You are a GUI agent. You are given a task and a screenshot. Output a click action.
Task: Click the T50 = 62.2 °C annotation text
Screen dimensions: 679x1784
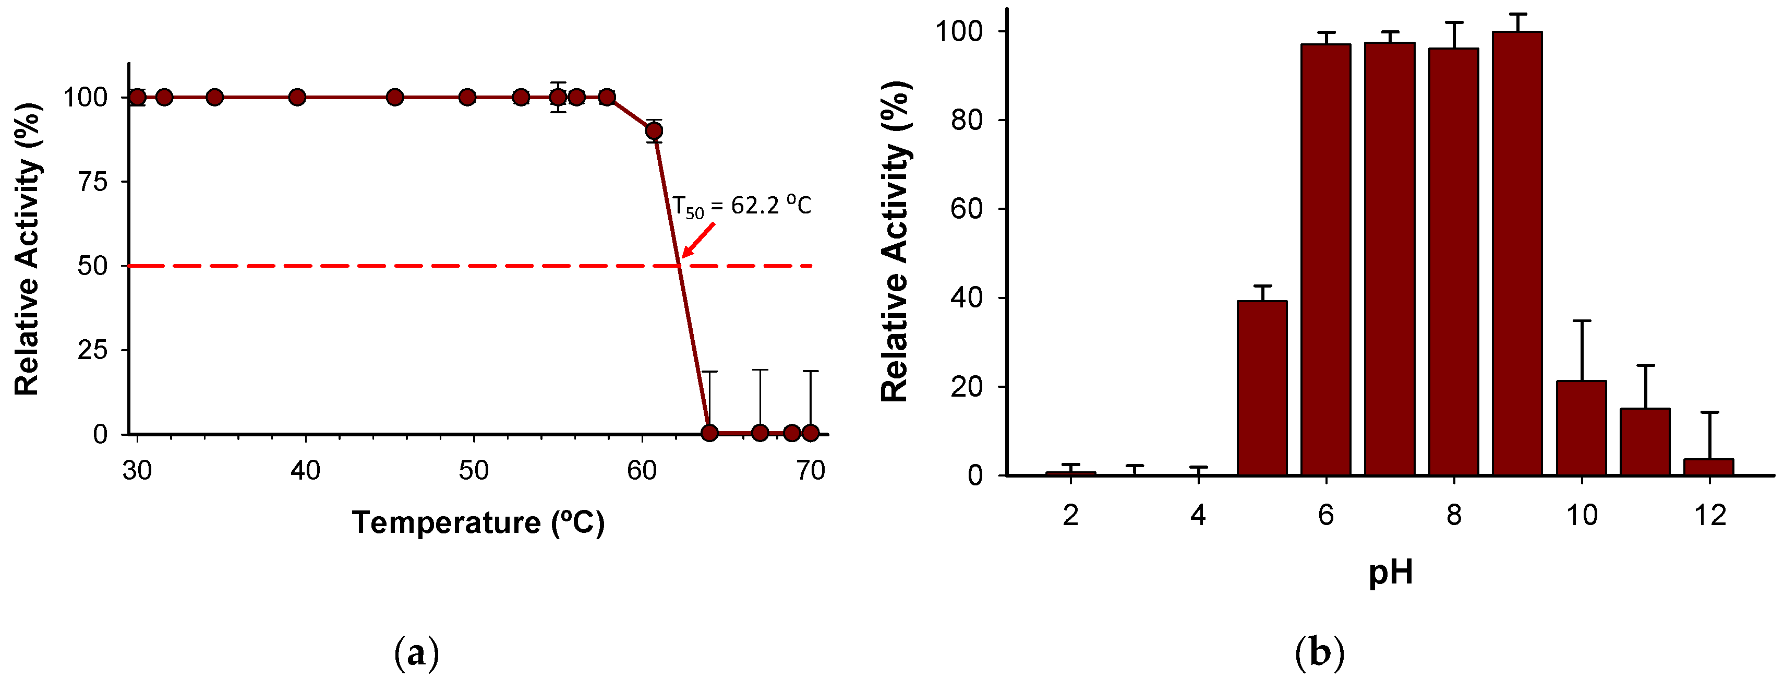pos(742,206)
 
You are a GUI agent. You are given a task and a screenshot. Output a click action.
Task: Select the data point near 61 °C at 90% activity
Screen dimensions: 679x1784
pos(653,131)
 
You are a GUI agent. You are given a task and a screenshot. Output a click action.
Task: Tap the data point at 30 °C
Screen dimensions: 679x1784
pos(137,97)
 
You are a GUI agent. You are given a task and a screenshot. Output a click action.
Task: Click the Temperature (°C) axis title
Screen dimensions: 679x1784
pos(478,522)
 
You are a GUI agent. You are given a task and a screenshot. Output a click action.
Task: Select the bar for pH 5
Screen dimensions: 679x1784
pos(1262,388)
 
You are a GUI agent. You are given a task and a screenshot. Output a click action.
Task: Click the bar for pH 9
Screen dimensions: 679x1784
pos(1517,253)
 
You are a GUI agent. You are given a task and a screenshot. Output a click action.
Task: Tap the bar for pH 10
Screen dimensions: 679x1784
pos(1581,427)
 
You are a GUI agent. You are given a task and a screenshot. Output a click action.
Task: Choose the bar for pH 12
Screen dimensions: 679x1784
pos(1708,467)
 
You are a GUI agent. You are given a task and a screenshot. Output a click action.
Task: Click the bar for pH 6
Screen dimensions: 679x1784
pos(1325,260)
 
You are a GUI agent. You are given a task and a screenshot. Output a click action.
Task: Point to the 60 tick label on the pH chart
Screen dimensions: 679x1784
pos(966,209)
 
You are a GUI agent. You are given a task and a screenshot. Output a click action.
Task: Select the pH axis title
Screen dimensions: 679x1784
pos(1390,573)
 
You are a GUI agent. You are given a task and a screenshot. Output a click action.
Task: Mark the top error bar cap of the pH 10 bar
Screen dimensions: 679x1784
pos(1582,321)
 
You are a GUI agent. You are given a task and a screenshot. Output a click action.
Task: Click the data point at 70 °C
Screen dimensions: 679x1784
pos(810,433)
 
